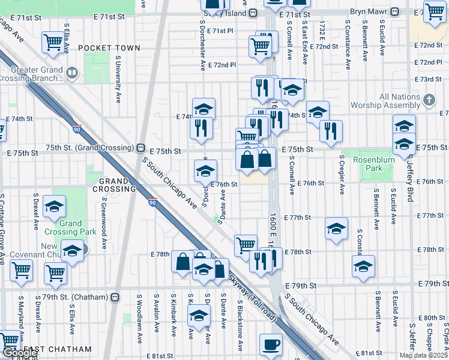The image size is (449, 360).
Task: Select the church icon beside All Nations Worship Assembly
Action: click(x=429, y=100)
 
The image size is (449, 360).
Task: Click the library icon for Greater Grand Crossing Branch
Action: click(x=71, y=74)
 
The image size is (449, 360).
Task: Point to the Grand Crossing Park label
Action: click(x=70, y=227)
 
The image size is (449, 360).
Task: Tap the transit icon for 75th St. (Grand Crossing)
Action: click(x=140, y=148)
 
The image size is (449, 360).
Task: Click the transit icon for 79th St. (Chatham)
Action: click(x=115, y=296)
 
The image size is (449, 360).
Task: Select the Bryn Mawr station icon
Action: click(x=395, y=12)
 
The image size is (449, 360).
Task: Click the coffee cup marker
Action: click(x=270, y=345)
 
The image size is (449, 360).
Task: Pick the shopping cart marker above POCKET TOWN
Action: click(x=53, y=42)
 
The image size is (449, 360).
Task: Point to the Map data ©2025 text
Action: click(x=423, y=355)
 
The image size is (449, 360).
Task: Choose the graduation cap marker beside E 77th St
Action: click(x=336, y=228)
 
